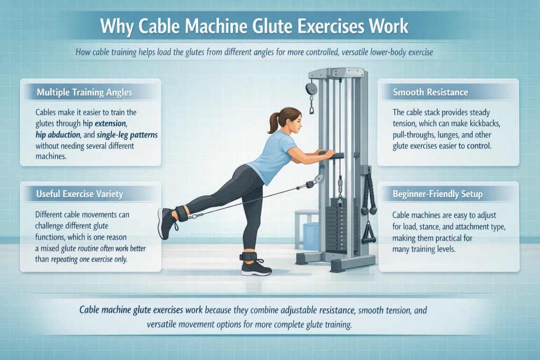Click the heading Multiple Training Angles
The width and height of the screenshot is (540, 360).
point(84,92)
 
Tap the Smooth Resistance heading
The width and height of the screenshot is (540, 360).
point(431,92)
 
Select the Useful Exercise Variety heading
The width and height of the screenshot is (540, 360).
point(80,194)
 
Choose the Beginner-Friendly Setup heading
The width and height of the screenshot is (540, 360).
point(437,194)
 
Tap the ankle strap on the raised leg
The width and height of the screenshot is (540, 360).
point(182,214)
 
